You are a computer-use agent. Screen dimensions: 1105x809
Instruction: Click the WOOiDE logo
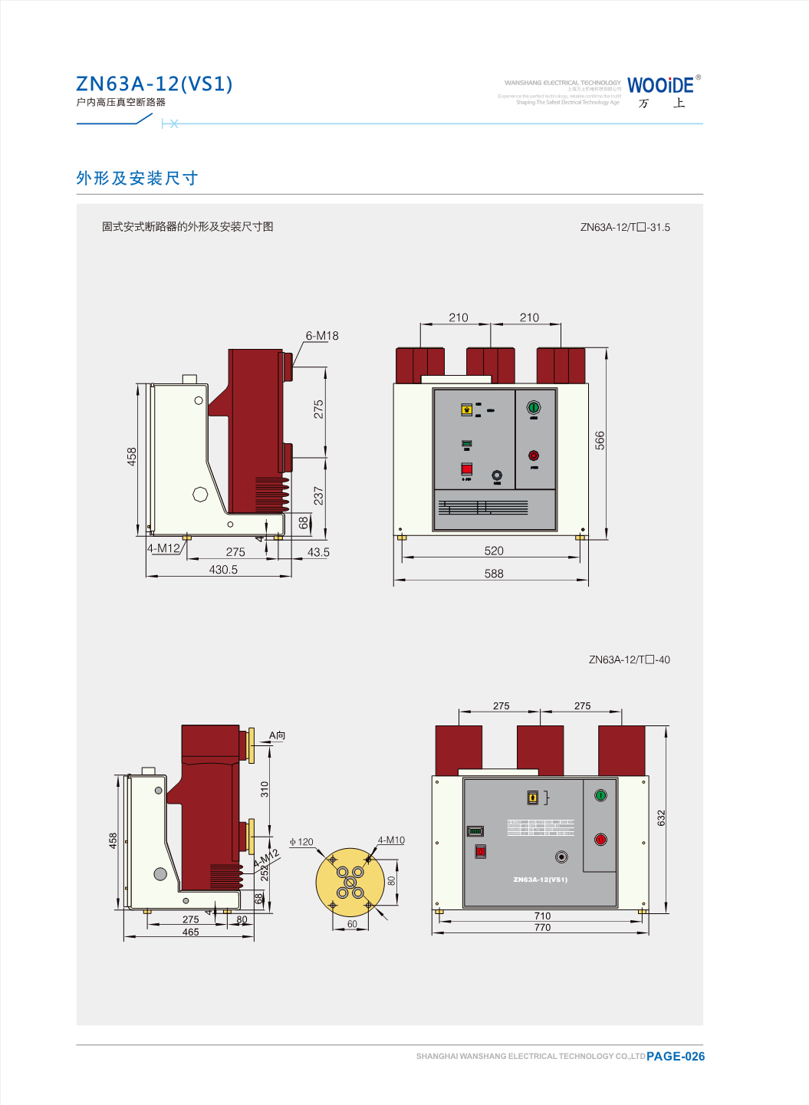click(660, 85)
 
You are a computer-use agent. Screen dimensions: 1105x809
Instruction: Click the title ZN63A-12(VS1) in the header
click(154, 84)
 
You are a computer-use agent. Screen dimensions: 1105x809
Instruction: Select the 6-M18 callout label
click(322, 336)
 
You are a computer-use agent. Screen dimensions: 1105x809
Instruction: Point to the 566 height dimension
click(600, 440)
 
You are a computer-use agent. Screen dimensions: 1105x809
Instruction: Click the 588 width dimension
click(494, 574)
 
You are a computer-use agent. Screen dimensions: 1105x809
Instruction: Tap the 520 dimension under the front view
click(494, 551)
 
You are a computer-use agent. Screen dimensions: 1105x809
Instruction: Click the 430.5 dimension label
click(223, 570)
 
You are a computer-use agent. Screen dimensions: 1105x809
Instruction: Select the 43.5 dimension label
click(318, 552)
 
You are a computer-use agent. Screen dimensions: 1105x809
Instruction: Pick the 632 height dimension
click(661, 817)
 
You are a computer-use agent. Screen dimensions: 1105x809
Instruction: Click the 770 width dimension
click(542, 928)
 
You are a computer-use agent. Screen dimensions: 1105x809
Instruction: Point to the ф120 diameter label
click(301, 842)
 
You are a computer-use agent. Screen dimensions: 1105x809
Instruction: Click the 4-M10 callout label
click(391, 840)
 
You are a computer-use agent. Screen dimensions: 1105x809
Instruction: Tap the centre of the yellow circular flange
click(350, 883)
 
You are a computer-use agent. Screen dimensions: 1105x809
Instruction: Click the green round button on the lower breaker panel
click(600, 795)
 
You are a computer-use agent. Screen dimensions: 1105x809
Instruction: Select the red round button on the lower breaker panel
click(600, 840)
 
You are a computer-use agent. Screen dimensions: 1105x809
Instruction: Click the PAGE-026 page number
click(676, 1056)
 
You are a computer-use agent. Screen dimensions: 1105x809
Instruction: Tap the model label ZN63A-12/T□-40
click(629, 659)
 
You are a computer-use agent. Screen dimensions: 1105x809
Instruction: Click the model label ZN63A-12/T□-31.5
click(625, 227)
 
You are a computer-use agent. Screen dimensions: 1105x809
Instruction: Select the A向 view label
click(277, 735)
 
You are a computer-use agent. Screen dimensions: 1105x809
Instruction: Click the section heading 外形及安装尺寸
click(137, 178)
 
